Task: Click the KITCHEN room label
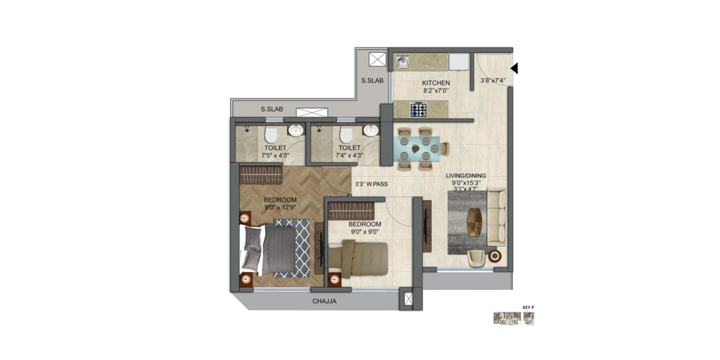pos(436,83)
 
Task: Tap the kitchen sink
pos(402,62)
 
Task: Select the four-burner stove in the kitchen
pos(418,109)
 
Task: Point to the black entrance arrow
pos(514,68)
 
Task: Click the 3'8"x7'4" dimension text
pos(493,80)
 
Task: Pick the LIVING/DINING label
pos(465,175)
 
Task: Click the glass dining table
pos(419,149)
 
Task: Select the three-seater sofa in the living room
pos(496,216)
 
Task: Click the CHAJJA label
pos(325,301)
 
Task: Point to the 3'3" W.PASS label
pos(371,184)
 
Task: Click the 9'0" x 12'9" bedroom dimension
pos(280,208)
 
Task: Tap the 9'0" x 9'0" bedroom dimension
pos(365,232)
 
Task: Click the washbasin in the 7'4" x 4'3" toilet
pos(370,131)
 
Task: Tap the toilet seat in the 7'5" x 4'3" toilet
pos(271,135)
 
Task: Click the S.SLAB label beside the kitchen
pos(372,80)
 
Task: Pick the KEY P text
pos(528,308)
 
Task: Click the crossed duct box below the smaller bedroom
pos(408,299)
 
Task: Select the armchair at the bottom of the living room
pos(476,258)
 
